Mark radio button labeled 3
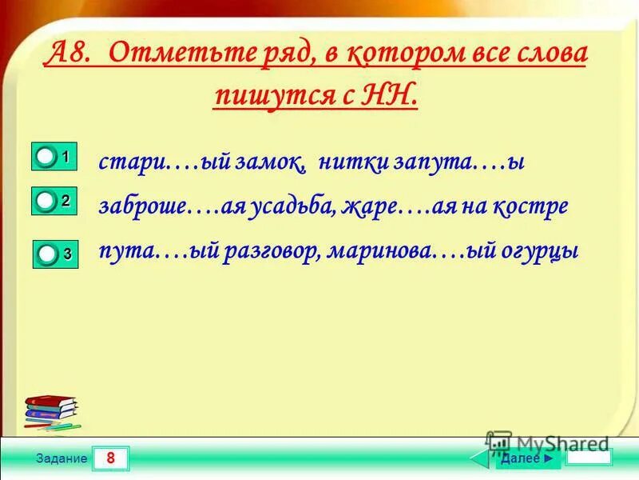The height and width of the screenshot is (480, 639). tap(49, 255)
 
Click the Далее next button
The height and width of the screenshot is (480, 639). tap(526, 458)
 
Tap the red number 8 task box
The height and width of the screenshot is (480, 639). tap(110, 459)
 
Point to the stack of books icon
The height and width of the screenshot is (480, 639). tap(51, 410)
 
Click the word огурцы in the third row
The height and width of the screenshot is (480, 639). tap(541, 251)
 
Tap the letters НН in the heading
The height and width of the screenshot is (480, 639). tap(391, 96)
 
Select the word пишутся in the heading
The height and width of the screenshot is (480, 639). tap(276, 97)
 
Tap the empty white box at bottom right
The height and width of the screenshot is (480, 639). tap(589, 458)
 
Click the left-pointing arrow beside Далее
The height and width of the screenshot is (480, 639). tap(481, 458)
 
